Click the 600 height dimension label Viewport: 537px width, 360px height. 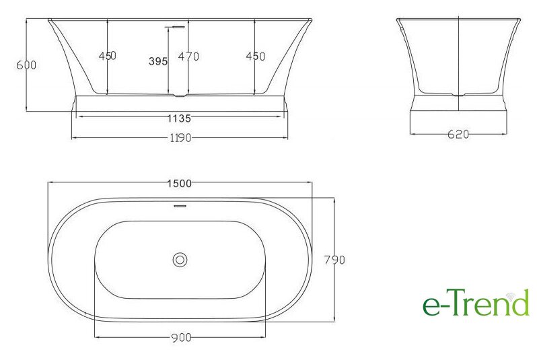[x=26, y=65]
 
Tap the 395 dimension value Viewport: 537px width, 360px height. [x=158, y=61]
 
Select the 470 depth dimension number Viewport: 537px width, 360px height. [x=188, y=56]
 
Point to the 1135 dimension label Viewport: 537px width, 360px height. [x=179, y=118]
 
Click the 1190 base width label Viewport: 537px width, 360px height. [x=180, y=138]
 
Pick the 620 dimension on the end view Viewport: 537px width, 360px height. [x=458, y=135]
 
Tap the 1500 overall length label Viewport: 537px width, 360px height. [x=180, y=184]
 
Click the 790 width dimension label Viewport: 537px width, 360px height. [x=334, y=260]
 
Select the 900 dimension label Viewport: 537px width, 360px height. [x=181, y=338]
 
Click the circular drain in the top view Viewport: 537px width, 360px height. [x=180, y=260]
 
